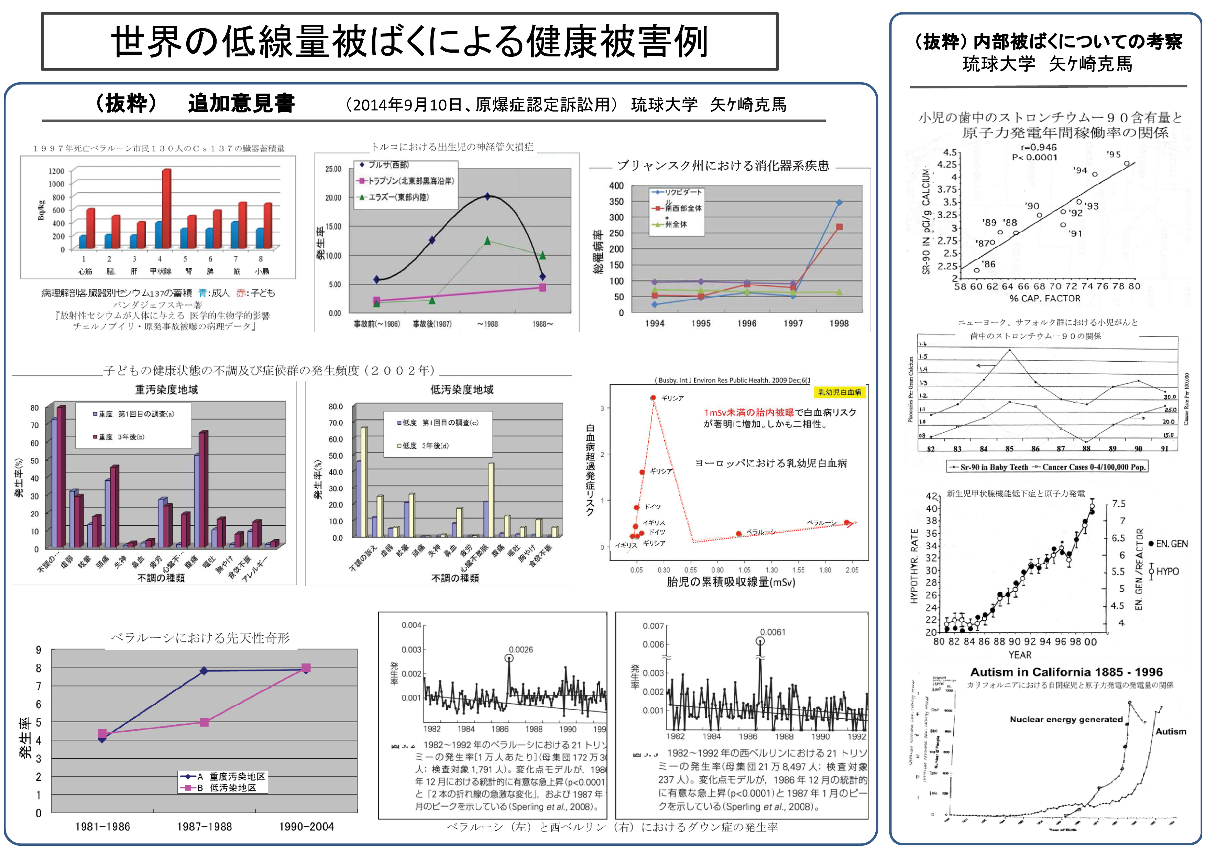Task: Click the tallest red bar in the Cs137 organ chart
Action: pyautogui.click(x=166, y=208)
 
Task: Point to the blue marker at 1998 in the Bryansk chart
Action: pyautogui.click(x=839, y=202)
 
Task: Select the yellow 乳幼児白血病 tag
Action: pyautogui.click(x=840, y=392)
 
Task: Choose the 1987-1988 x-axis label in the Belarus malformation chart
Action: pyautogui.click(x=204, y=827)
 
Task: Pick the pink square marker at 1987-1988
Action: pyautogui.click(x=204, y=723)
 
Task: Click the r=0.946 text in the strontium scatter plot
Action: pyautogui.click(x=1039, y=148)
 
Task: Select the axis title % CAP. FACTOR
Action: pyautogui.click(x=1045, y=299)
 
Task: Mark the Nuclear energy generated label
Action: pyautogui.click(x=1066, y=719)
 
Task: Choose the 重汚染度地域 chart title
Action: pyautogui.click(x=166, y=390)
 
